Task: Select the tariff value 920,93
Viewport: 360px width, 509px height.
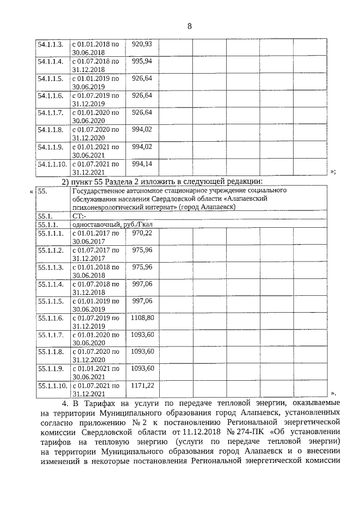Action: tap(142, 44)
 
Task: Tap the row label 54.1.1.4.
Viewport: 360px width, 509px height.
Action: tap(50, 61)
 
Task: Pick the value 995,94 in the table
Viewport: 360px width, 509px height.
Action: tap(142, 61)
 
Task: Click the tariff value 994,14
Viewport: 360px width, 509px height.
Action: tap(142, 164)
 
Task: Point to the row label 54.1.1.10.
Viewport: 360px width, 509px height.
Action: tap(52, 164)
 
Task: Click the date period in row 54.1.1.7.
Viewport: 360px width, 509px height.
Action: tap(95, 116)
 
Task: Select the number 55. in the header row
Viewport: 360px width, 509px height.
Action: tap(43, 191)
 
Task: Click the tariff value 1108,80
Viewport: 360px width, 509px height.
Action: tap(142, 318)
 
